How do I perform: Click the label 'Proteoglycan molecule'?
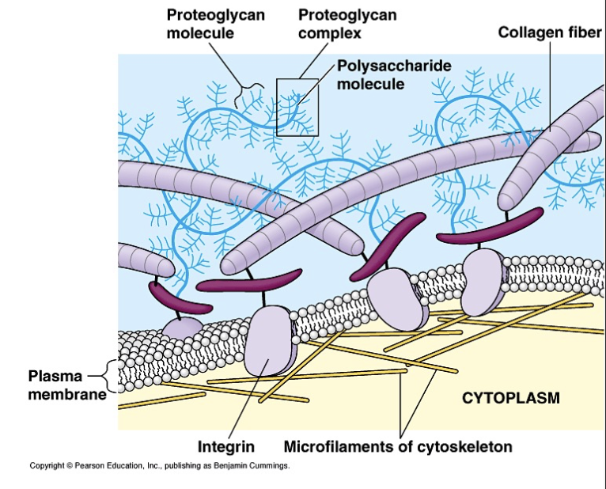pyautogui.click(x=215, y=24)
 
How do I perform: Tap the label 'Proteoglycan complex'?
pyautogui.click(x=347, y=24)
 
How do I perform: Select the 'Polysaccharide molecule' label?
pyautogui.click(x=394, y=74)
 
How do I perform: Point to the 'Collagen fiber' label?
pyautogui.click(x=550, y=32)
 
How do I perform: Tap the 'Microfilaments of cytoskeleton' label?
pyautogui.click(x=397, y=447)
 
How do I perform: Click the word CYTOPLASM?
pyautogui.click(x=510, y=398)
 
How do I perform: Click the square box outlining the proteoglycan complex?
pyautogui.click(x=297, y=106)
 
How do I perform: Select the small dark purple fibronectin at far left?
pyautogui.click(x=179, y=298)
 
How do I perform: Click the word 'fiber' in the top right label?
pyautogui.click(x=584, y=32)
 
